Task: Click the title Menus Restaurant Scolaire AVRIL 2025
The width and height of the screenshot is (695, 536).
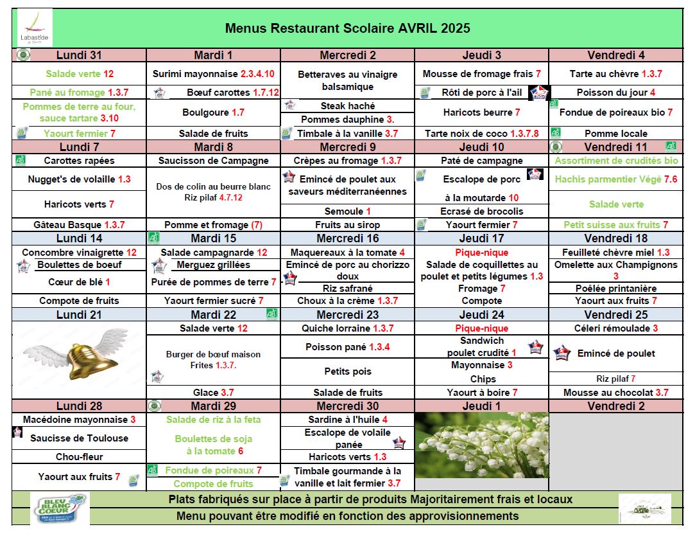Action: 347,28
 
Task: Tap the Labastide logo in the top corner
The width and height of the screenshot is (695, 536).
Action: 35,28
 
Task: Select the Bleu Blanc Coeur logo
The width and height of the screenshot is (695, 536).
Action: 58,509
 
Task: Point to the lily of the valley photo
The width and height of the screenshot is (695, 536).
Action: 481,445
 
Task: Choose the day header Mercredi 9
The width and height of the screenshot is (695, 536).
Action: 347,147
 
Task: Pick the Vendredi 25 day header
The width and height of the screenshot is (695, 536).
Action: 616,315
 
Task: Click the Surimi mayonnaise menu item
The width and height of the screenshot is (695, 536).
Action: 213,74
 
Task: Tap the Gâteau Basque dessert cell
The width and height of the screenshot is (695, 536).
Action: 79,225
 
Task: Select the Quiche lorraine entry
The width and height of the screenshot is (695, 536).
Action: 347,328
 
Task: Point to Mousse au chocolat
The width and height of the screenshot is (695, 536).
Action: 616,393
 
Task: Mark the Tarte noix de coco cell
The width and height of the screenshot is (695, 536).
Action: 481,134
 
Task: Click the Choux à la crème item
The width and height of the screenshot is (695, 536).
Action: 347,301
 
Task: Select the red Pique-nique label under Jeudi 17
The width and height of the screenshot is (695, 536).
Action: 481,253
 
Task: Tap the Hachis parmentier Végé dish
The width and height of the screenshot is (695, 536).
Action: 616,180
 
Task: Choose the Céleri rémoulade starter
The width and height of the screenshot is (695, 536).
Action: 616,328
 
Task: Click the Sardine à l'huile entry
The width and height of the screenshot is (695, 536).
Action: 347,420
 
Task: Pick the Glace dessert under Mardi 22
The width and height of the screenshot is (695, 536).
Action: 213,393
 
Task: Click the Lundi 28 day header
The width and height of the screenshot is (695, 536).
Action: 79,406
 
